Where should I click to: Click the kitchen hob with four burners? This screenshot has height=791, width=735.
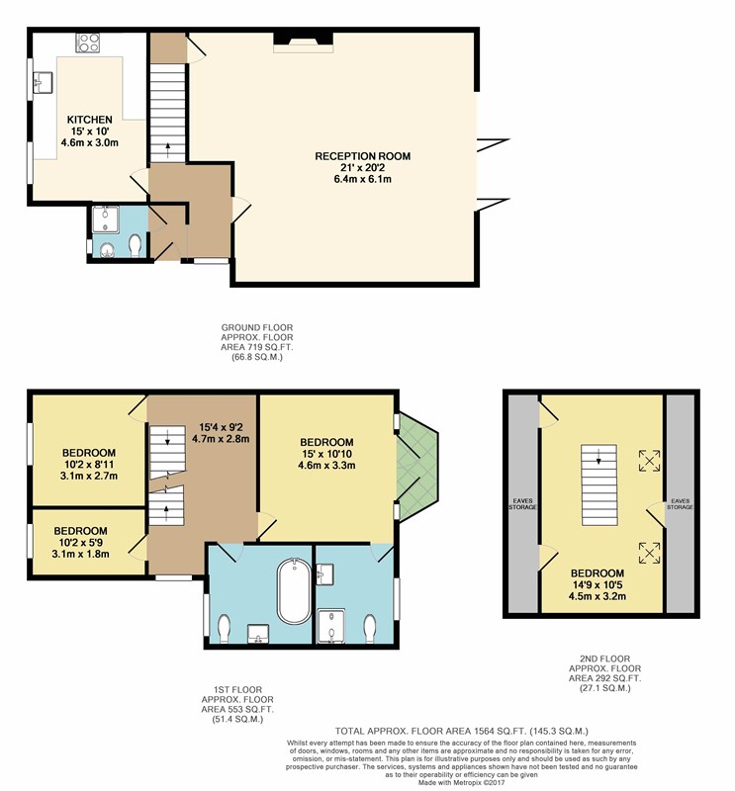(88, 43)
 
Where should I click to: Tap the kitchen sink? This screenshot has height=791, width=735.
(43, 82)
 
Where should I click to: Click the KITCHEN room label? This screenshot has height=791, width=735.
(90, 120)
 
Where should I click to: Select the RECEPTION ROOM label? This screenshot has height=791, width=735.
(362, 156)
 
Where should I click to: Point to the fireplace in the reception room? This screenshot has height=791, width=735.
(304, 42)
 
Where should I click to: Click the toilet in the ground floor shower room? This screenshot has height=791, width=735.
(135, 245)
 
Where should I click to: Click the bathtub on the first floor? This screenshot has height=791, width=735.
(294, 591)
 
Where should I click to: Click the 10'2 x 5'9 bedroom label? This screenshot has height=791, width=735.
(81, 542)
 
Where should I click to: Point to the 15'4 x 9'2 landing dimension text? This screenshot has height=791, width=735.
(221, 433)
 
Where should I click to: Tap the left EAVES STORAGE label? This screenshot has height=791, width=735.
(522, 504)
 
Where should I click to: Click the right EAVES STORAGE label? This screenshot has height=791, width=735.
(680, 504)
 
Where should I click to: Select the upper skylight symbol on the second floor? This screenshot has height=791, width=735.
(649, 461)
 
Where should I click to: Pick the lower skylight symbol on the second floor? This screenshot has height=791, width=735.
(649, 553)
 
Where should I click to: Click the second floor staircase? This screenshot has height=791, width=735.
(599, 484)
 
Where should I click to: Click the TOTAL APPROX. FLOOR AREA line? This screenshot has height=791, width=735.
(461, 731)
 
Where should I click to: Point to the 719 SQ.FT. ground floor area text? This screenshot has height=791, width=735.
(256, 347)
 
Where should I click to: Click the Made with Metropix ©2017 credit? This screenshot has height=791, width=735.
(461, 782)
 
